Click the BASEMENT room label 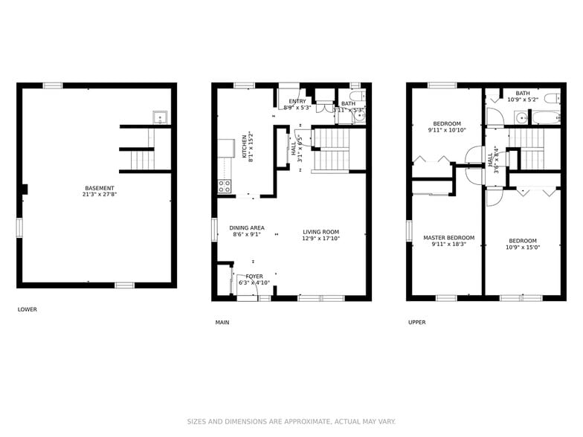point(100,188)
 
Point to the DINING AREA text point(247,228)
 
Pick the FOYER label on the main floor point(254,276)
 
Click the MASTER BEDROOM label point(448,238)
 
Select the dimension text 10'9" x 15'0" point(523,247)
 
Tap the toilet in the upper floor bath point(551,99)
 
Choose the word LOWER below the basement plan point(27,310)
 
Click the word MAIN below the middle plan point(222,323)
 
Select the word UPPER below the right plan point(416,323)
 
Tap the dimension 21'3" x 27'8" point(100,195)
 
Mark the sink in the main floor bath point(360,116)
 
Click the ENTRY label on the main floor point(297,101)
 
